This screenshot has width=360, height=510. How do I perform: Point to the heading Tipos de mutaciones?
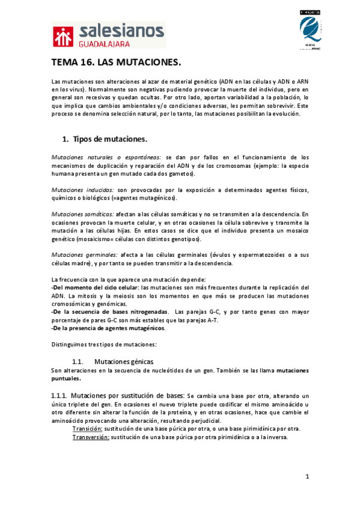[x=110, y=140]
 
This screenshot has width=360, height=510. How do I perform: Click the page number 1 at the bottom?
[x=307, y=477]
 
